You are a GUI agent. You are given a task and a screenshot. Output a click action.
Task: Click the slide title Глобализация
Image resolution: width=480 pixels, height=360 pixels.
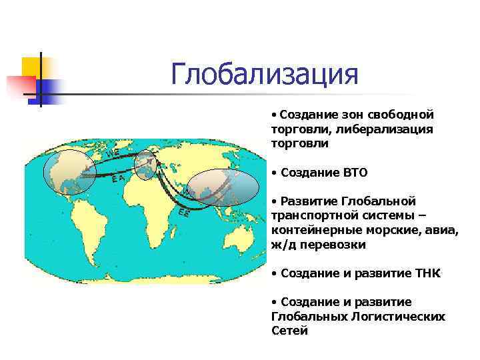[264, 75]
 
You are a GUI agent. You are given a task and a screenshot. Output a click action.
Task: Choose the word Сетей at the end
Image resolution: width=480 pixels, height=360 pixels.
[289, 331]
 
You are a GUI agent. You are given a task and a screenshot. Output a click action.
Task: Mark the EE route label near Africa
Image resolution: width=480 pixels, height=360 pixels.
[185, 213]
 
